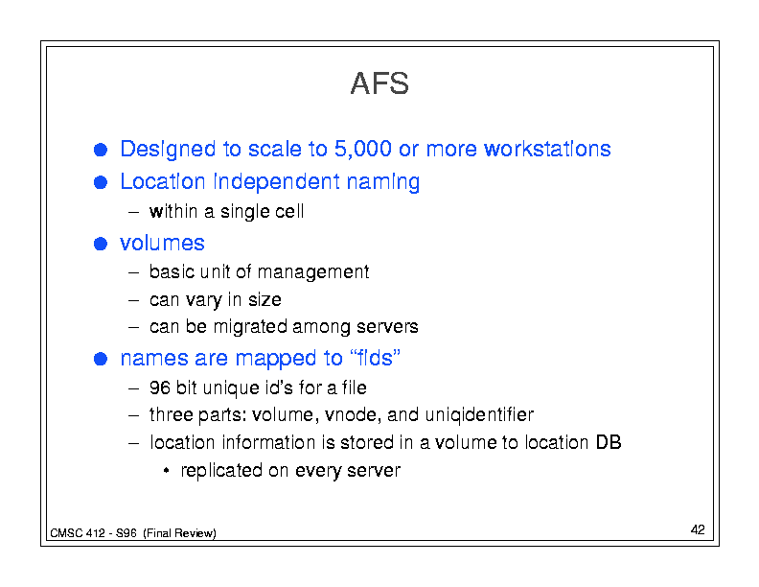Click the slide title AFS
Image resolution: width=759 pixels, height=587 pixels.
379,83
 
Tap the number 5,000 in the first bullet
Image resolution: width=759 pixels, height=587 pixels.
362,149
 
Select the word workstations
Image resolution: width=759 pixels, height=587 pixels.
547,149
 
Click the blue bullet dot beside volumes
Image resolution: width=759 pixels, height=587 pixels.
101,243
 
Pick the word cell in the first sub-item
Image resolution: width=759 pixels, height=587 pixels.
289,212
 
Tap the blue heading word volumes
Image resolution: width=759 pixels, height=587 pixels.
162,243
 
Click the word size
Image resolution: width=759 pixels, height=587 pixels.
264,300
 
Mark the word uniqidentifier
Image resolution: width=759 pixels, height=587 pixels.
479,415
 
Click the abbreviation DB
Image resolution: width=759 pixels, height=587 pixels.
609,442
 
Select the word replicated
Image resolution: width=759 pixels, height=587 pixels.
221,471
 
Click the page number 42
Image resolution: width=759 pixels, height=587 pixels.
698,529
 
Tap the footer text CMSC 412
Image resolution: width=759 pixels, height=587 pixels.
78,533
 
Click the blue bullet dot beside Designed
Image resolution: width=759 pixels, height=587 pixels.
101,150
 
